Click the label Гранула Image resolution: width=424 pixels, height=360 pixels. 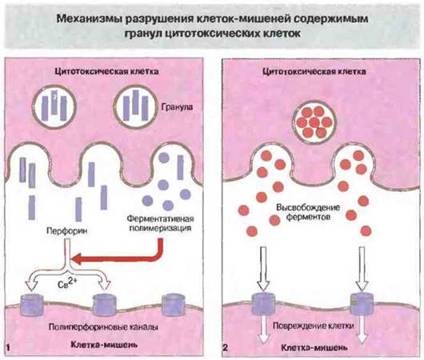[x=177, y=107]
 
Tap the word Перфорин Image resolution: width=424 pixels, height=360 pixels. [x=66, y=230]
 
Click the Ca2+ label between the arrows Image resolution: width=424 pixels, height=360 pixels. [x=67, y=283]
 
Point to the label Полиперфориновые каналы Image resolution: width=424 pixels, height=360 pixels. [x=103, y=327]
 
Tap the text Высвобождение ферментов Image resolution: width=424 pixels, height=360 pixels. [x=308, y=212]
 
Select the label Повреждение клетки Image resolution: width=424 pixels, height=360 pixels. [x=313, y=326]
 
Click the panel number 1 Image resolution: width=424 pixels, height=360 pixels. [x=8, y=347]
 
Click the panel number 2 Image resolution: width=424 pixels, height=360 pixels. [x=226, y=347]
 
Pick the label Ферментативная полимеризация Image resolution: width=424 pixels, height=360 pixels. [x=160, y=223]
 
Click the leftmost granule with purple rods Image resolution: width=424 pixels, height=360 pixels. [x=54, y=106]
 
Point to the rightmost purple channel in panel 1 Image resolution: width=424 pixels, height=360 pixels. [x=174, y=305]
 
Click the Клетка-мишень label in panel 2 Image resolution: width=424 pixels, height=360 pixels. [x=314, y=347]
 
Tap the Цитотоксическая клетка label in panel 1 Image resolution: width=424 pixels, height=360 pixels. [x=107, y=71]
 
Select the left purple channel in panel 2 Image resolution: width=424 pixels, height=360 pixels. [x=263, y=304]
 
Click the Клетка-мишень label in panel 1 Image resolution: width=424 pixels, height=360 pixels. [x=104, y=345]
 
